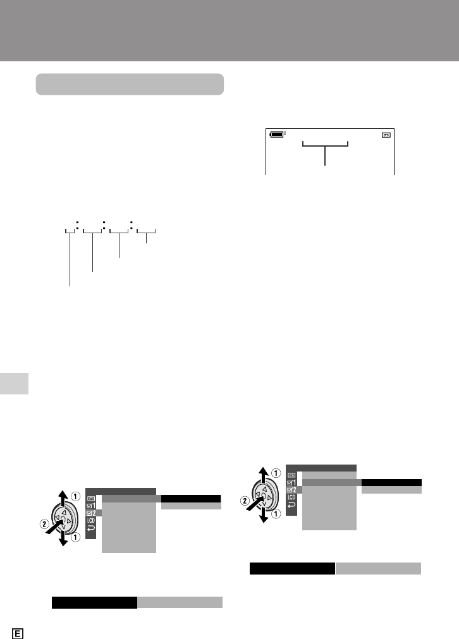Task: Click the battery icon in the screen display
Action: (277, 134)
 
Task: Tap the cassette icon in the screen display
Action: (386, 135)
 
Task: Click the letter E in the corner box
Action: (18, 634)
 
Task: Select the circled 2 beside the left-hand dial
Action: (44, 524)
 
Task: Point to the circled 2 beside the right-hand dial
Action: (245, 501)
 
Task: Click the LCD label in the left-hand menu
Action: (91, 520)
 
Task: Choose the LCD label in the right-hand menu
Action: (291, 497)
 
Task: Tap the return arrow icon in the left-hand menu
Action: (91, 528)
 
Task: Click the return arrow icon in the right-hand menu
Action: (291, 505)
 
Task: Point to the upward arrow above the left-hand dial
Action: (63, 498)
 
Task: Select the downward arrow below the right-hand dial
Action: (264, 515)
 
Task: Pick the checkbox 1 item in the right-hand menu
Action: (291, 483)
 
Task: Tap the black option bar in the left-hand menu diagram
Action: (191, 499)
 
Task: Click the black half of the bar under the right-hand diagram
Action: (292, 568)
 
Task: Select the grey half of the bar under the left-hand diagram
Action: (180, 602)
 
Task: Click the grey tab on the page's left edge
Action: (15, 384)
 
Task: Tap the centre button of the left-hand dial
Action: (63, 520)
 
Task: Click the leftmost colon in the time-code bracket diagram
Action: (77, 224)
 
